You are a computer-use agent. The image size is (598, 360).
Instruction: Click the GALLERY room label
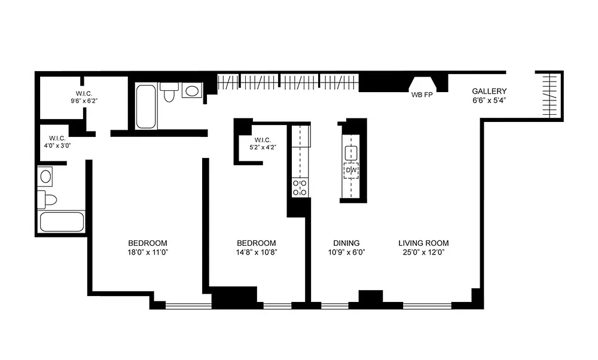489,91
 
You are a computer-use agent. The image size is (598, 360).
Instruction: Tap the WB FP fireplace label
422,95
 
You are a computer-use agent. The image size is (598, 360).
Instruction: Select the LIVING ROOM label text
423,243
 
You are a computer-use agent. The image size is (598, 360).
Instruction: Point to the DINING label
346,243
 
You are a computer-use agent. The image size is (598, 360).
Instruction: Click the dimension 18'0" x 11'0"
148,252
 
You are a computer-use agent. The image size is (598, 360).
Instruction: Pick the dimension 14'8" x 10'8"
257,252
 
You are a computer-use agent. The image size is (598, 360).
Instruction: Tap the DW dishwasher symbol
351,170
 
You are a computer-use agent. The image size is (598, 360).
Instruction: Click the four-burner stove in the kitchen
300,187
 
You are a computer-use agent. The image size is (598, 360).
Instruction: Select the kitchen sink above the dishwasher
351,153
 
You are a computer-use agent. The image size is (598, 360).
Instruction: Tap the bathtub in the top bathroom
146,106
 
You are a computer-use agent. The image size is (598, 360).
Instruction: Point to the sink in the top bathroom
191,91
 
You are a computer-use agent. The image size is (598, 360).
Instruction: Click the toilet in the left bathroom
47,200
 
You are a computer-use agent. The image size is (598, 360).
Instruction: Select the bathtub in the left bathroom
62,222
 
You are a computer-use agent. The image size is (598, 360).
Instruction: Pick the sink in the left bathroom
45,176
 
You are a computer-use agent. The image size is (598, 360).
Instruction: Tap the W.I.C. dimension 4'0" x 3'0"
57,145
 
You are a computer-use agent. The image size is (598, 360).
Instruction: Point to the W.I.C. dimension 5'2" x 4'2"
263,147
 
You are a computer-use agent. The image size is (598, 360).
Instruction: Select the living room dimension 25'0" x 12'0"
423,252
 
